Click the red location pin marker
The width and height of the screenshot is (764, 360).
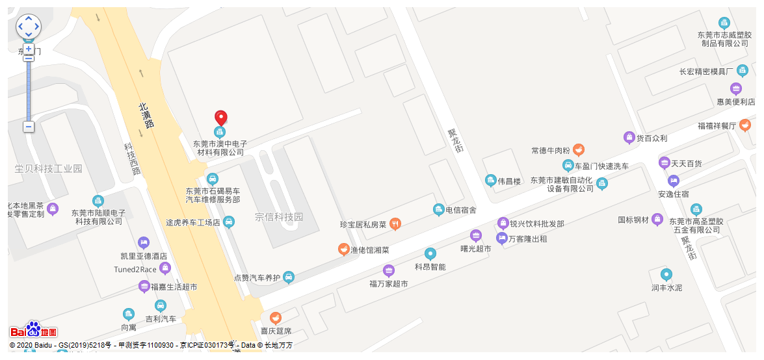pos(221,118)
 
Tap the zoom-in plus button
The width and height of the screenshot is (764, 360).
pos(29,49)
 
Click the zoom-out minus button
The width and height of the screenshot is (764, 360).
pos(29,127)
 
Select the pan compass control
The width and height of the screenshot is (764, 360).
pos(29,27)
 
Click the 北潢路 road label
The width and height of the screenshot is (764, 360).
pos(146,115)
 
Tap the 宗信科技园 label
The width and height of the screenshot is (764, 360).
pos(279,217)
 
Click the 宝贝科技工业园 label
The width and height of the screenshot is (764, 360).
pos(49,169)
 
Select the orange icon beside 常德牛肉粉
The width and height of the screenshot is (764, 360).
pos(579,151)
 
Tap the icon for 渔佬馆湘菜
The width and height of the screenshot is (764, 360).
pos(343,250)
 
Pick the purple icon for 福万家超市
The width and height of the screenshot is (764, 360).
pos(389,271)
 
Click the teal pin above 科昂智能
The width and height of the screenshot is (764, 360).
pos(430,253)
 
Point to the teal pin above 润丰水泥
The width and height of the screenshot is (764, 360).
pos(666,275)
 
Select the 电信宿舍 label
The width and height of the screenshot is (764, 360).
pos(461,210)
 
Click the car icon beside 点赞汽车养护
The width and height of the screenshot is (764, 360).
pos(289,277)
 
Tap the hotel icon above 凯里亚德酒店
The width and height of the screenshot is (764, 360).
pos(144,243)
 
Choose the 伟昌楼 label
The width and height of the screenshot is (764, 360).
pos(509,181)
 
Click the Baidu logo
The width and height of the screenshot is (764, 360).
pos(34,331)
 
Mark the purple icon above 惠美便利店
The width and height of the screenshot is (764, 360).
pos(736,89)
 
